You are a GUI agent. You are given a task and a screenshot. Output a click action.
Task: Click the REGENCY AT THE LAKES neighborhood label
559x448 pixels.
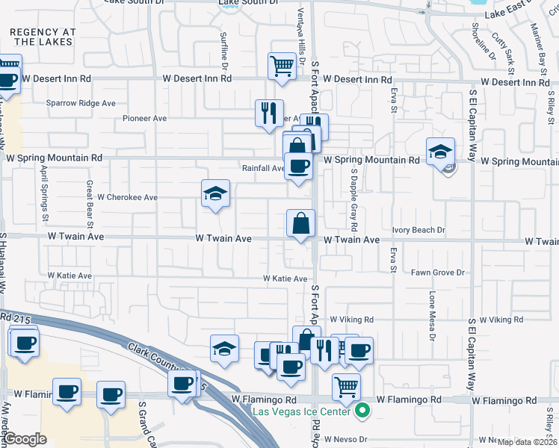pyautogui.click(x=42, y=37)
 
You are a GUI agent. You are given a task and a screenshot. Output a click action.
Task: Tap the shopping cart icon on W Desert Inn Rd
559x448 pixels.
pyautogui.click(x=282, y=66)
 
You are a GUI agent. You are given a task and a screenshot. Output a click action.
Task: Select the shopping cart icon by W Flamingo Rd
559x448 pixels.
pyautogui.click(x=346, y=387)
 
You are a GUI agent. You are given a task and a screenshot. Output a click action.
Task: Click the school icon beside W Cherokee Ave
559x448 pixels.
pyautogui.click(x=215, y=194)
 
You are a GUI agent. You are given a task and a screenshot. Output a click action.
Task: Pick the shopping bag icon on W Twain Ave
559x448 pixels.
pyautogui.click(x=300, y=223)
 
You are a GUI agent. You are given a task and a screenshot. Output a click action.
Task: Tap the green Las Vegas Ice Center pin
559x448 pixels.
pyautogui.click(x=362, y=410)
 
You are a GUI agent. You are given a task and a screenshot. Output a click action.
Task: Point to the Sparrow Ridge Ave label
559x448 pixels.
pyautogui.click(x=81, y=103)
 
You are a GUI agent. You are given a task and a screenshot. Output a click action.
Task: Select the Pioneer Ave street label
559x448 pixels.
pyautogui.click(x=145, y=118)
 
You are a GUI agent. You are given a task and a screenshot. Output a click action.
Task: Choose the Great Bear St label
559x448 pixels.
pyautogui.click(x=89, y=203)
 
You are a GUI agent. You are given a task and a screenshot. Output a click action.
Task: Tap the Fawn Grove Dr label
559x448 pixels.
pyautogui.click(x=437, y=273)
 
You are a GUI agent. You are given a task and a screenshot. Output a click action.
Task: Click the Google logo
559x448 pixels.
pyautogui.click(x=25, y=439)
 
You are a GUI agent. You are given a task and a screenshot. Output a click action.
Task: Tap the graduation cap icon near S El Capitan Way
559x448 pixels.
pyautogui.click(x=440, y=151)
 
